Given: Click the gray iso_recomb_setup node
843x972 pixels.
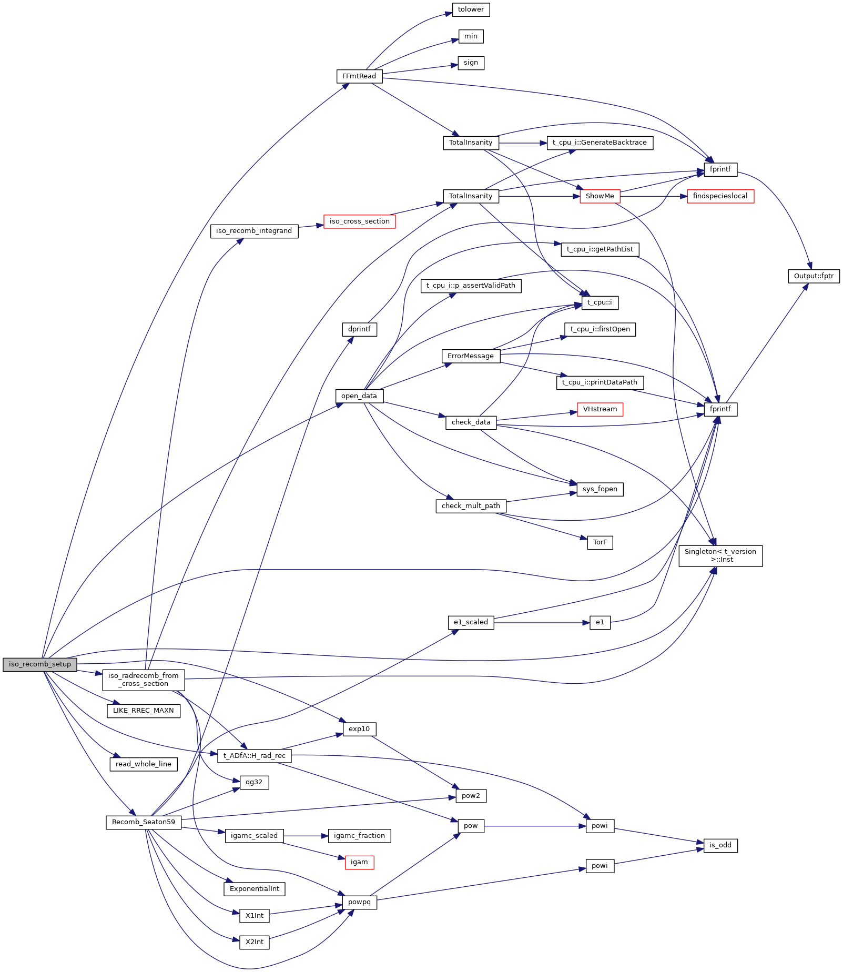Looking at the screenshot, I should pos(40,664).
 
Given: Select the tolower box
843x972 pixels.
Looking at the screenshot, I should pos(471,9).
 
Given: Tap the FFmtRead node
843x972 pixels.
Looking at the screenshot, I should pos(359,76).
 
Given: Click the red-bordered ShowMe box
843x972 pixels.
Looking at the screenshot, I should pos(600,196).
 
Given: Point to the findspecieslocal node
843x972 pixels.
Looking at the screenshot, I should pos(720,196).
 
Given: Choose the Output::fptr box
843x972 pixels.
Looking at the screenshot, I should pos(814,276).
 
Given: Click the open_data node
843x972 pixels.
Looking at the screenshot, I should pos(359,396).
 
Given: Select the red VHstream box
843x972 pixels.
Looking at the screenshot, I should pos(600,409).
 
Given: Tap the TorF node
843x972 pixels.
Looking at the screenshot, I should pos(600,542).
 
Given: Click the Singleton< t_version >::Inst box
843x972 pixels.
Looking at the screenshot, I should pos(720,556).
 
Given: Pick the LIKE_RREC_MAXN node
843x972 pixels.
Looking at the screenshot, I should pos(143,711).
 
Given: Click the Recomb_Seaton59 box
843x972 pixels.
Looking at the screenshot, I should pos(143,822).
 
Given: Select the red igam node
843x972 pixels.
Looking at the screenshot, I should pos(359,862).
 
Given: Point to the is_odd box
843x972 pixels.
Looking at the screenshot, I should pos(720,845).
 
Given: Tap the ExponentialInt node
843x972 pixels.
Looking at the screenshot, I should pos(255,889).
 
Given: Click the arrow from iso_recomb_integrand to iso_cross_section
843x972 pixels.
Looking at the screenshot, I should pos(311,226).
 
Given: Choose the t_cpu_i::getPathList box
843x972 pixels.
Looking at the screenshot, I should pos(600,249).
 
